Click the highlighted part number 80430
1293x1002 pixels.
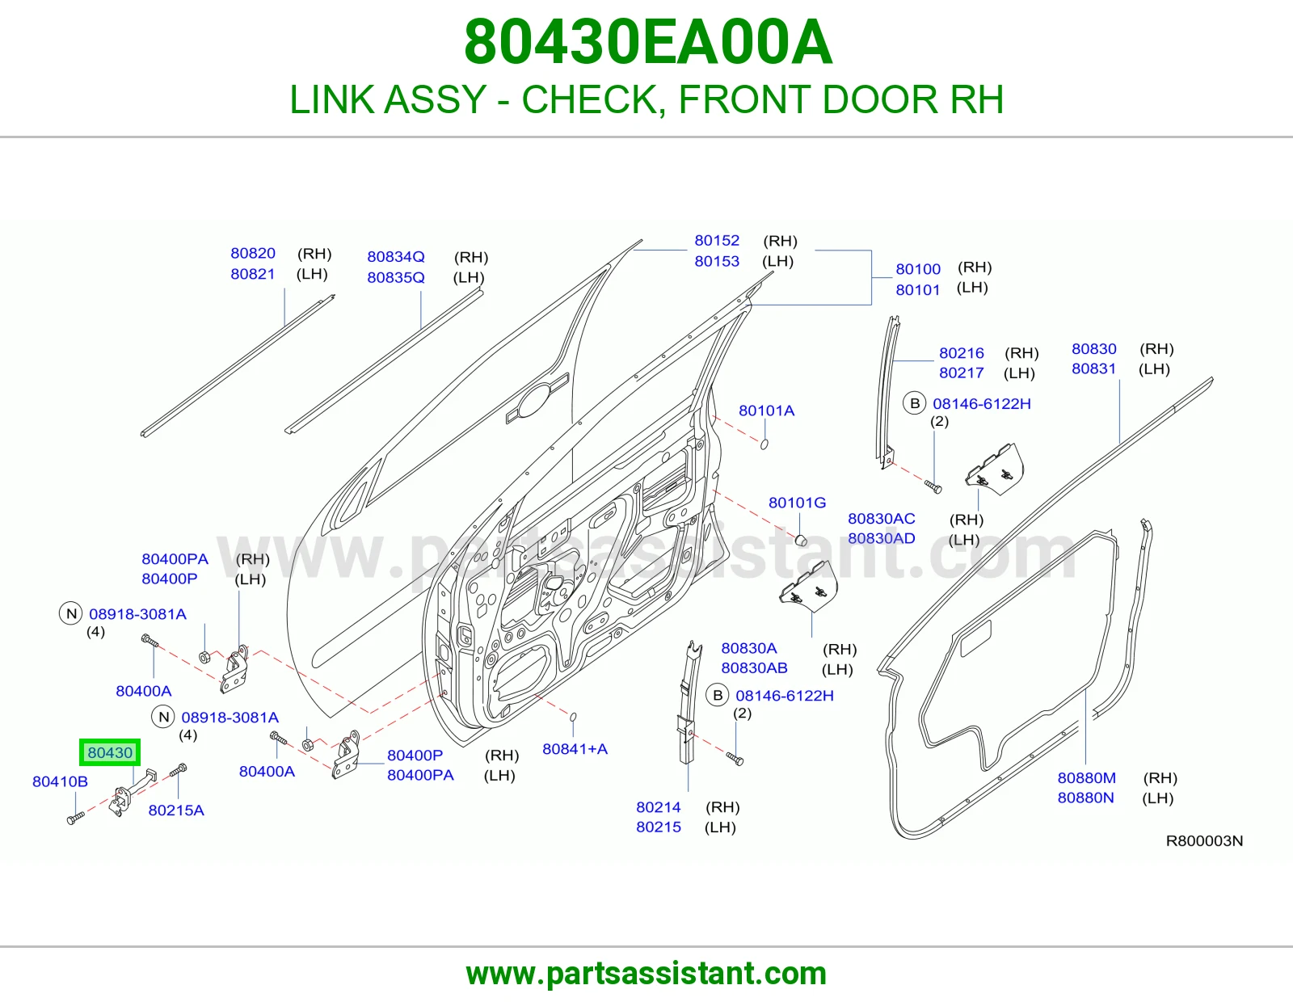click(x=110, y=752)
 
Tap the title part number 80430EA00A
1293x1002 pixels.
click(x=648, y=42)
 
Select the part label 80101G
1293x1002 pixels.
click(x=797, y=503)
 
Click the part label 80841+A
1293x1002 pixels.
click(x=575, y=749)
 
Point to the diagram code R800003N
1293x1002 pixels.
click(x=1204, y=840)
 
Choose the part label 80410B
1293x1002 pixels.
click(x=60, y=781)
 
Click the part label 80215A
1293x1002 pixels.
click(x=176, y=810)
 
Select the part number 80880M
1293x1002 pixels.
click(x=1087, y=777)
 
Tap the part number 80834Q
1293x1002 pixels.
click(x=396, y=256)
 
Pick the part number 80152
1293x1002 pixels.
click(x=717, y=240)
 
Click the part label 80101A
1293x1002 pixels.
click(x=766, y=410)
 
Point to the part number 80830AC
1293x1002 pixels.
click(x=881, y=519)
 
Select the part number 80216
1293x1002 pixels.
click(x=962, y=353)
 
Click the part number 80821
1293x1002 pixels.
click(x=253, y=274)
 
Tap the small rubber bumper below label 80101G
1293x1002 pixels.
click(x=801, y=540)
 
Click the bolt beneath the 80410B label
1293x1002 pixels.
click(x=76, y=819)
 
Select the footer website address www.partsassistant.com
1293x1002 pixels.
click(x=646, y=974)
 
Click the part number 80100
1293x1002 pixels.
click(x=918, y=269)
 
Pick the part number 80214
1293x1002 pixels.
click(x=658, y=806)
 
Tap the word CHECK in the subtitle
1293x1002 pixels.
click(x=594, y=99)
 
